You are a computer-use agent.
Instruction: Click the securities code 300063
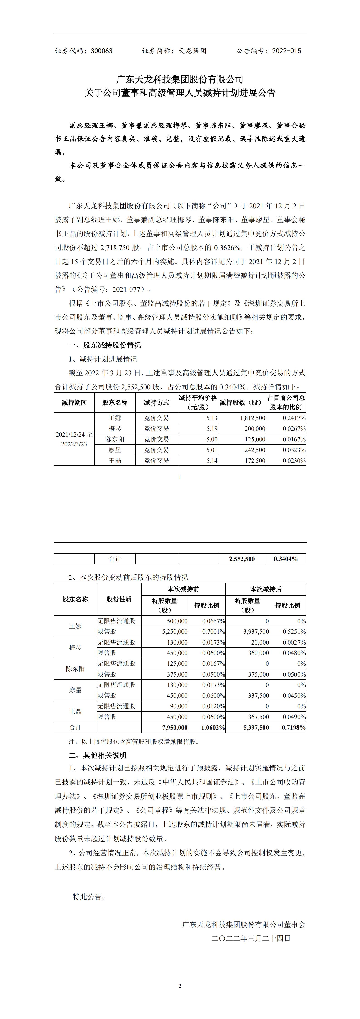click(x=102, y=51)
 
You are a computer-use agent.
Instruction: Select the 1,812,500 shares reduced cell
click(x=251, y=418)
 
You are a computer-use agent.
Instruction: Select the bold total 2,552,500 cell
click(x=242, y=559)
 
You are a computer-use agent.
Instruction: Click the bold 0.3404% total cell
click(x=286, y=559)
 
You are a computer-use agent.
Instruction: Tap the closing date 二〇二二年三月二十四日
click(x=251, y=938)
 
